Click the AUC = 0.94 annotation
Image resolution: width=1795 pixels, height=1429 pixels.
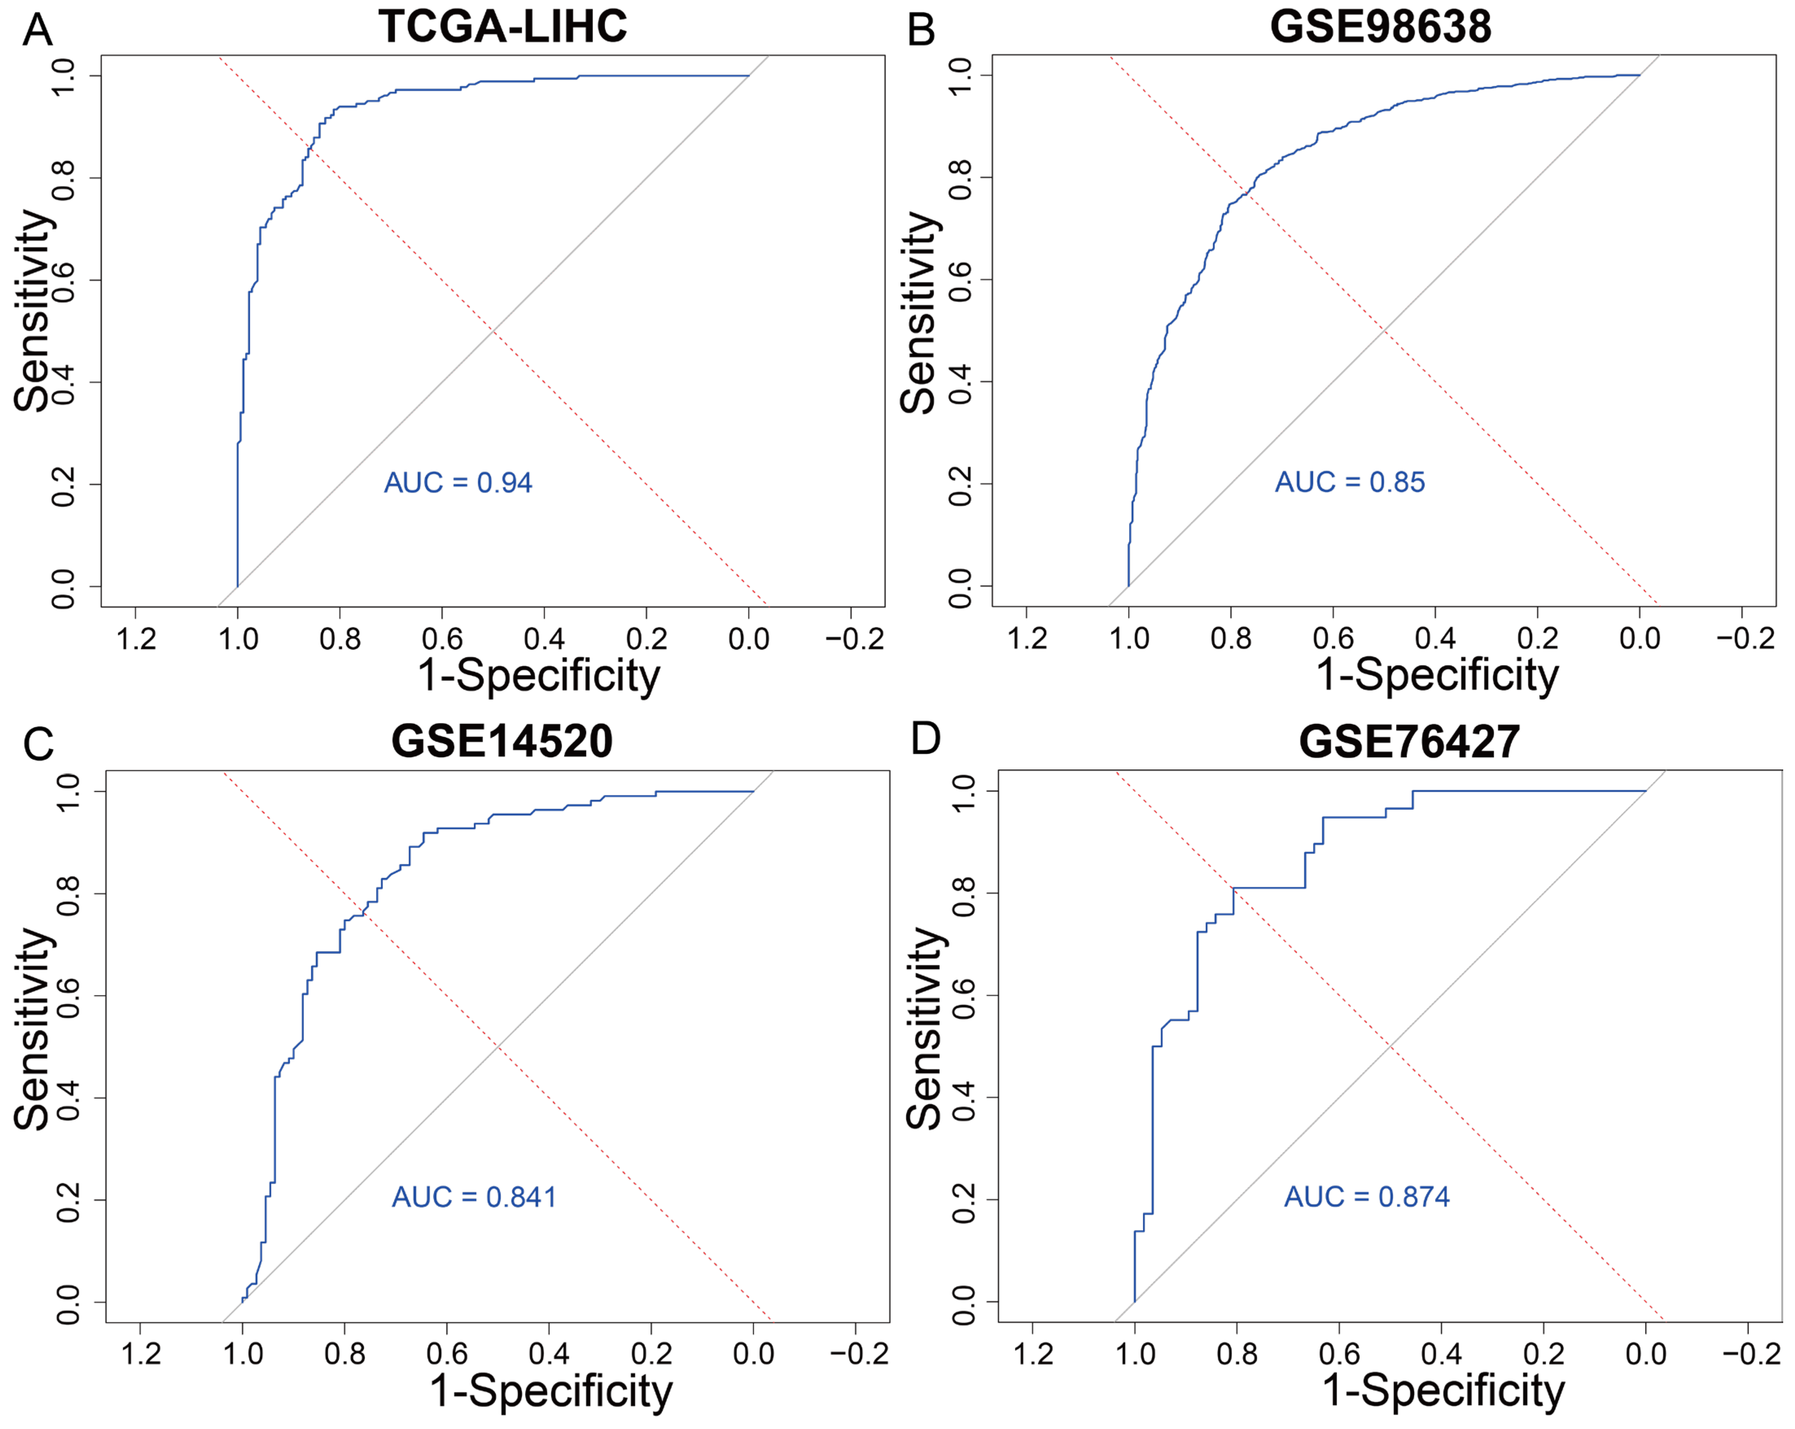458,483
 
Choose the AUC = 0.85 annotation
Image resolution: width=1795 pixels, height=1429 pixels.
1350,482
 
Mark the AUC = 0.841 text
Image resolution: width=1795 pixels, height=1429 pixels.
474,1197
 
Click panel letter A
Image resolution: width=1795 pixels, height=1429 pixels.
37,31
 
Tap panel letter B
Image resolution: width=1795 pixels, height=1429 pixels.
921,31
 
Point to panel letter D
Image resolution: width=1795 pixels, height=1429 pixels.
926,738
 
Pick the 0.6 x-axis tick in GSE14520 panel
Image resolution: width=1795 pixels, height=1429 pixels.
447,1353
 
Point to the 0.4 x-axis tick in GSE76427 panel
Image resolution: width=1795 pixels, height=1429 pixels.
1441,1353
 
